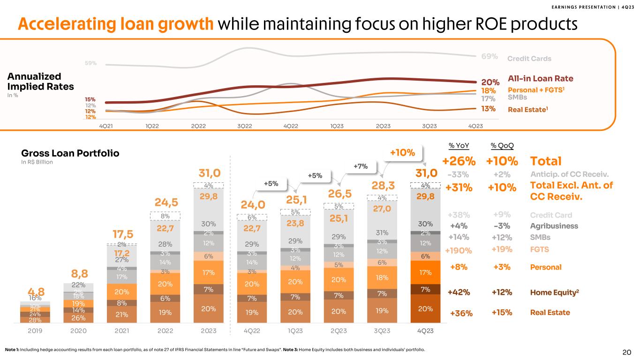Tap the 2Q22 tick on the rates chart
pyautogui.click(x=199, y=126)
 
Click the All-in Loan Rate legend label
pyautogui.click(x=541, y=79)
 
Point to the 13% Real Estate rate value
pyautogui.click(x=489, y=109)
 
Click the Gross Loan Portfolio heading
pyautogui.click(x=70, y=153)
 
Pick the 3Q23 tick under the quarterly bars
pyautogui.click(x=382, y=330)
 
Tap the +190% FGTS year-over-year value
pyautogui.click(x=459, y=250)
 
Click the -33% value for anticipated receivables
pyautogui.click(x=459, y=174)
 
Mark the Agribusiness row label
pyautogui.click(x=553, y=226)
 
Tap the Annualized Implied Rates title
pyautogui.click(x=41, y=81)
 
